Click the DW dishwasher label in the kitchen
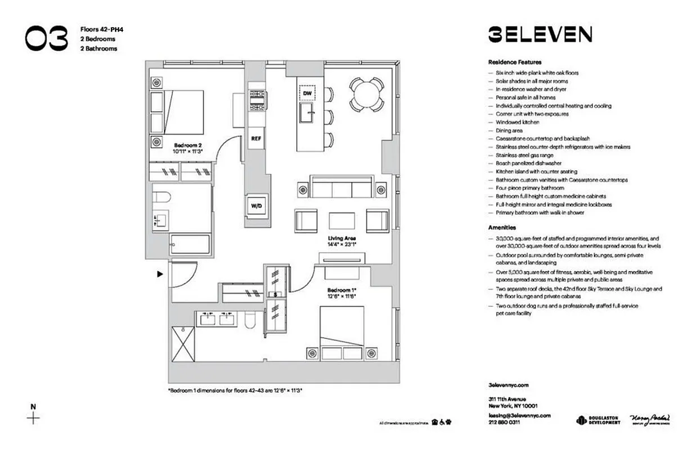tap(307, 93)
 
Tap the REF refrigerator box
tap(256, 138)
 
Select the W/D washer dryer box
tap(256, 206)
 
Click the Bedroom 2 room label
tap(188, 148)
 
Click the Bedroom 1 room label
tap(342, 293)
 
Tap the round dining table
tap(367, 94)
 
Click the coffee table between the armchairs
tap(342, 220)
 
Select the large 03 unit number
tap(50, 38)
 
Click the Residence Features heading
tap(515, 62)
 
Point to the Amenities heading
tap(502, 228)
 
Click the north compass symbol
tap(34, 418)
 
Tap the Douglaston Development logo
tap(598, 420)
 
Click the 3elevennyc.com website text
tap(508, 386)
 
